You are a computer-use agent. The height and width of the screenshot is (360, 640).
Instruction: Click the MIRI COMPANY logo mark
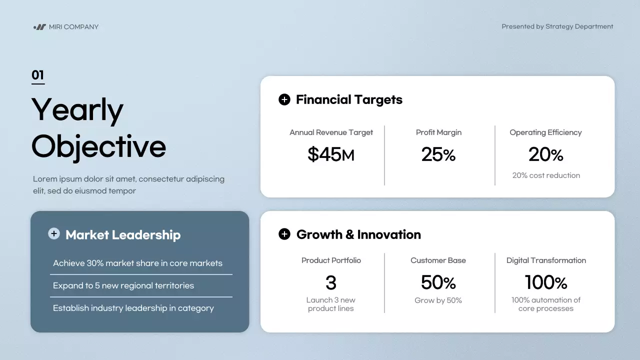[39, 27]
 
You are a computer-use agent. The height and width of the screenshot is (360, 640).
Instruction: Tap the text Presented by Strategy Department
[557, 26]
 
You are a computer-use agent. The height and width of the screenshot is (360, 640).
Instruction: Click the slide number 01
[38, 75]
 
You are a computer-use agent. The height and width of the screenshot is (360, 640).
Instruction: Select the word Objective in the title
[98, 146]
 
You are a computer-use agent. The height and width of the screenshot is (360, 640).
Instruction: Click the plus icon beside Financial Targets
[284, 99]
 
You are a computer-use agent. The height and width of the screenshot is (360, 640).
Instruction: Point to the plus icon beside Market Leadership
[54, 234]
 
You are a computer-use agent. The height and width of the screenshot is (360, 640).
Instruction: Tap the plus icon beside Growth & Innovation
[284, 234]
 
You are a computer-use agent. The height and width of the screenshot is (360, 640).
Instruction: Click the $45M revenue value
[330, 154]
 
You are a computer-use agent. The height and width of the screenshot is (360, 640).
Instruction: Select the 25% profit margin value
[438, 154]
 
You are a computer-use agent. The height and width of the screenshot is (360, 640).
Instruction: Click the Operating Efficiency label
[545, 132]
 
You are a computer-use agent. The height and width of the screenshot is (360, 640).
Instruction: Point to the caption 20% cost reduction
[546, 175]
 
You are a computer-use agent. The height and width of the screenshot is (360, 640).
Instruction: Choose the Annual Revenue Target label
[331, 132]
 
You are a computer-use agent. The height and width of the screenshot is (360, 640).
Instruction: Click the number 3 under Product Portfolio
[331, 282]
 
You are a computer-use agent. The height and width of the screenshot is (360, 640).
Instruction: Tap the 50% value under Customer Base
[438, 282]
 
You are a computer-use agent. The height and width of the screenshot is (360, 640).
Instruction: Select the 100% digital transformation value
[545, 282]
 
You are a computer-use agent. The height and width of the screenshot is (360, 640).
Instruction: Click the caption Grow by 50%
[438, 300]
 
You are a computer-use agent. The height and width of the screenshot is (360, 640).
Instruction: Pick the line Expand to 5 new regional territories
[123, 285]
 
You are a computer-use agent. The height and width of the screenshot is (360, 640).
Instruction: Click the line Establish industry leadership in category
[133, 308]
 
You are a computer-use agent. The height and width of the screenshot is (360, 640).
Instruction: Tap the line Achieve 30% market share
[137, 263]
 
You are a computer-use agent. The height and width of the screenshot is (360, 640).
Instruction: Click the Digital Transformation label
[546, 260]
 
